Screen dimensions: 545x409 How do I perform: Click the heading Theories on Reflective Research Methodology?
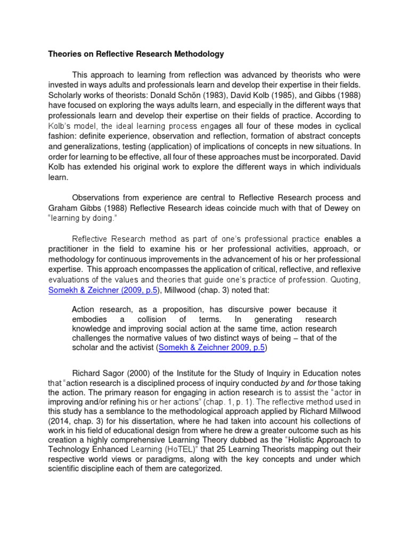point(136,54)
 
